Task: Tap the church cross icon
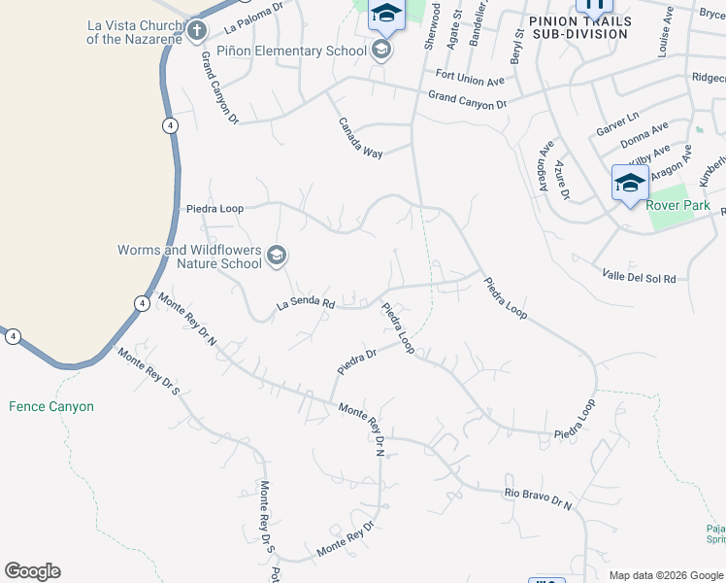[197, 31]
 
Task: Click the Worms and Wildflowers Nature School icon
[277, 256]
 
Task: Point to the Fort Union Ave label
[471, 77]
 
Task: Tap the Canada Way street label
[360, 138]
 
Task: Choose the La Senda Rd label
[306, 303]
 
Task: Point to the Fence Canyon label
[51, 406]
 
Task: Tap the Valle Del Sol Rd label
[639, 277]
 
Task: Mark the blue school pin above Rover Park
[629, 183]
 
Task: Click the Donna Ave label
[645, 133]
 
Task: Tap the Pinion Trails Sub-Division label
[579, 27]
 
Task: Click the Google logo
[32, 571]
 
